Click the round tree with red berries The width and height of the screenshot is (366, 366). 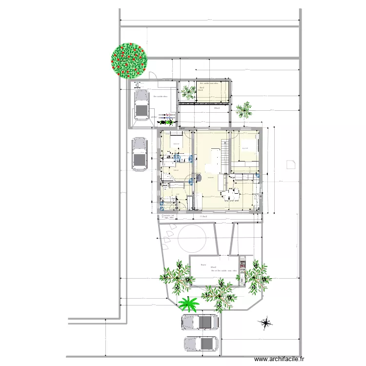129,60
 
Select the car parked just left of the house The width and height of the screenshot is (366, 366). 140,154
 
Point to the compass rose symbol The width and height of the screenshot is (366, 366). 266,323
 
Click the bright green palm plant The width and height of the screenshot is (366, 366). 188,304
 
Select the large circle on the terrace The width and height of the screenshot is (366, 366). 191,238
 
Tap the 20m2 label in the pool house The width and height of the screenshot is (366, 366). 213,267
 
